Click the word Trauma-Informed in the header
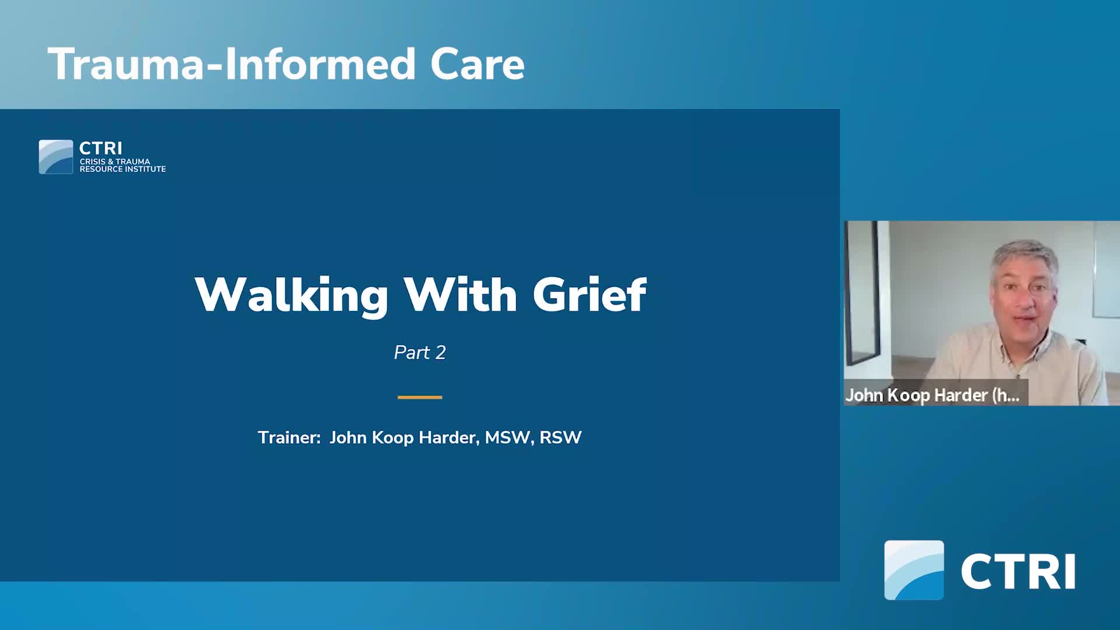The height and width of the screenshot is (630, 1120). tap(231, 64)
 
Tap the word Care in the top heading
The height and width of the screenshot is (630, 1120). tap(477, 64)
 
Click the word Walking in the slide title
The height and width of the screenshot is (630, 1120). tap(291, 295)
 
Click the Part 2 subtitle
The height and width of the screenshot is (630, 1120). tap(419, 352)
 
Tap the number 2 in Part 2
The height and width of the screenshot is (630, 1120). tap(440, 352)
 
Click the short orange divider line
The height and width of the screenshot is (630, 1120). tap(419, 397)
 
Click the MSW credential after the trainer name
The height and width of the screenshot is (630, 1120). tap(508, 437)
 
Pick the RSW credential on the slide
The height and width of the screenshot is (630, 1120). tap(561, 437)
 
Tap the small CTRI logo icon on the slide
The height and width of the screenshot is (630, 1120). tap(56, 157)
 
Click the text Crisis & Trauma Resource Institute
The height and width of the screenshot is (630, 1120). tap(123, 165)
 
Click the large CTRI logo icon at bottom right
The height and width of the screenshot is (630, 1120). tap(914, 570)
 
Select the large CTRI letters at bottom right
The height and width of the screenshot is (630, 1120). tap(1018, 572)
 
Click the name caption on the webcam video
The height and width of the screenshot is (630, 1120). tap(932, 395)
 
